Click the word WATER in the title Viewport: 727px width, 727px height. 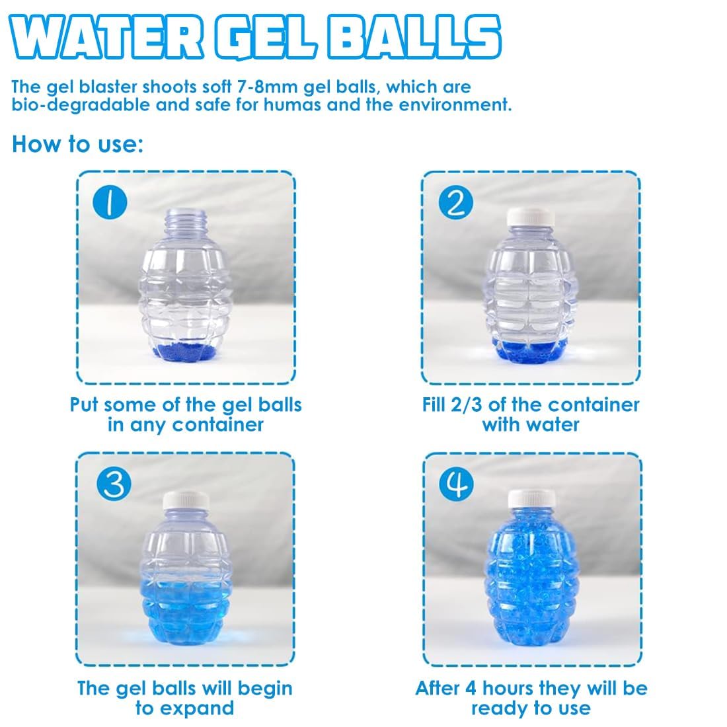106,38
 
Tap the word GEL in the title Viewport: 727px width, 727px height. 266,38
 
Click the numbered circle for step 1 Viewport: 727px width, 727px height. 110,203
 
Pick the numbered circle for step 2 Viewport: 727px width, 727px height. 456,202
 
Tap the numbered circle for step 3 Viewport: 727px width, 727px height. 114,484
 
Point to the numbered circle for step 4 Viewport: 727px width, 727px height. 456,484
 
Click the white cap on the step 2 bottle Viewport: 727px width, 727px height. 531,217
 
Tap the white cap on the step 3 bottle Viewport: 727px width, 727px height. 186,500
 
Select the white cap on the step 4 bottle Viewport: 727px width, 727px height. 531,499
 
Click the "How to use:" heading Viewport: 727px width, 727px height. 77,143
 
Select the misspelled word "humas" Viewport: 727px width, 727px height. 292,105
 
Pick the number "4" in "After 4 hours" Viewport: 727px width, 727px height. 471,688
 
